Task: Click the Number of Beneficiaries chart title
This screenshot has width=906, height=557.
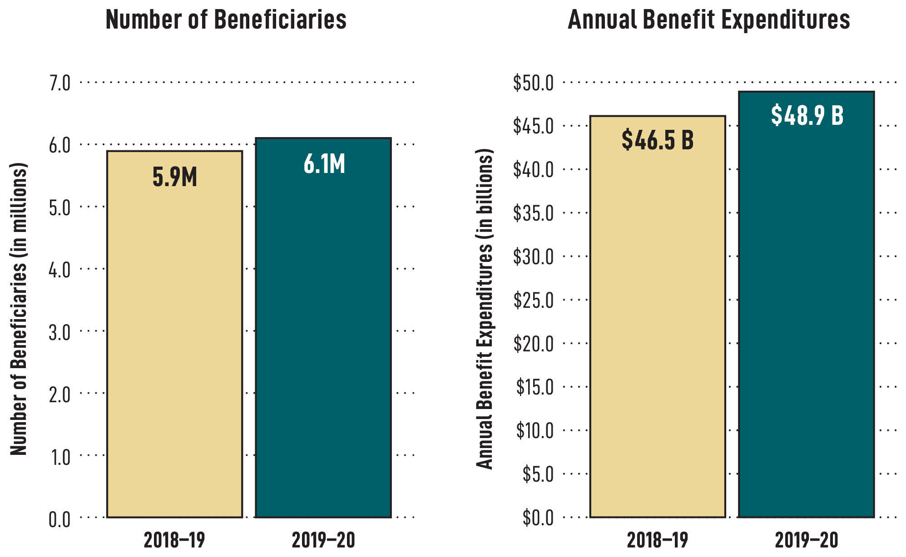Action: pos(226,20)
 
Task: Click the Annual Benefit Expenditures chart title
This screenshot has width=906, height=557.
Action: pos(708,20)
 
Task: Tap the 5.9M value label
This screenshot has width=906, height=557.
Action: pos(175,177)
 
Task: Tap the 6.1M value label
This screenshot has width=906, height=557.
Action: pos(324,164)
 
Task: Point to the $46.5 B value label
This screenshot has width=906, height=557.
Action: pos(658,139)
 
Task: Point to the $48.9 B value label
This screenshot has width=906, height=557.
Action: pos(807,115)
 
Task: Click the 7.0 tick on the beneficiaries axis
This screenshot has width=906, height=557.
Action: pos(59,84)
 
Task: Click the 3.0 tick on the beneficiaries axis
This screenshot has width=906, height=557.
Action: pos(59,332)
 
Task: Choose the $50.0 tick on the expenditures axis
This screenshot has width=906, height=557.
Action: pos(533,84)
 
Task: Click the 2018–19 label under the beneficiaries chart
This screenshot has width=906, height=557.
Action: pos(174,541)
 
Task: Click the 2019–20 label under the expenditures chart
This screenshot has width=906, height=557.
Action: pos(806,541)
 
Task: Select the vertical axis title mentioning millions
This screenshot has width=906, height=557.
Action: pos(19,309)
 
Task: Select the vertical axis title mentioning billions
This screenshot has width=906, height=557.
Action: pos(485,309)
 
